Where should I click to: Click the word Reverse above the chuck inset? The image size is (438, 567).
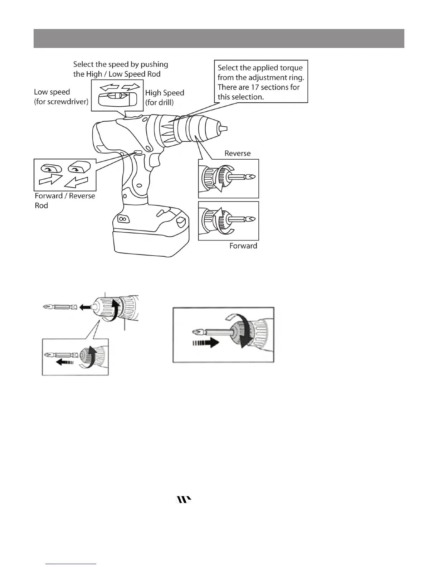point(237,154)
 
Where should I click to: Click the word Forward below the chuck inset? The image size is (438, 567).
point(243,246)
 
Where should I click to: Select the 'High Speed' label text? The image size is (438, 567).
point(165,93)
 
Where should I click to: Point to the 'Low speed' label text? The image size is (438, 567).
point(52,92)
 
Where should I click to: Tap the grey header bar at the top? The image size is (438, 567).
point(219,38)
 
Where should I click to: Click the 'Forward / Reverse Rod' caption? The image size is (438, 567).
point(64,200)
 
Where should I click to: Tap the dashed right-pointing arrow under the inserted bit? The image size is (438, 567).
point(206,344)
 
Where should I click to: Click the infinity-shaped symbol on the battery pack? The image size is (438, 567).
point(122,218)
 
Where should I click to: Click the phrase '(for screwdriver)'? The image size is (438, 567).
point(61,102)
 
